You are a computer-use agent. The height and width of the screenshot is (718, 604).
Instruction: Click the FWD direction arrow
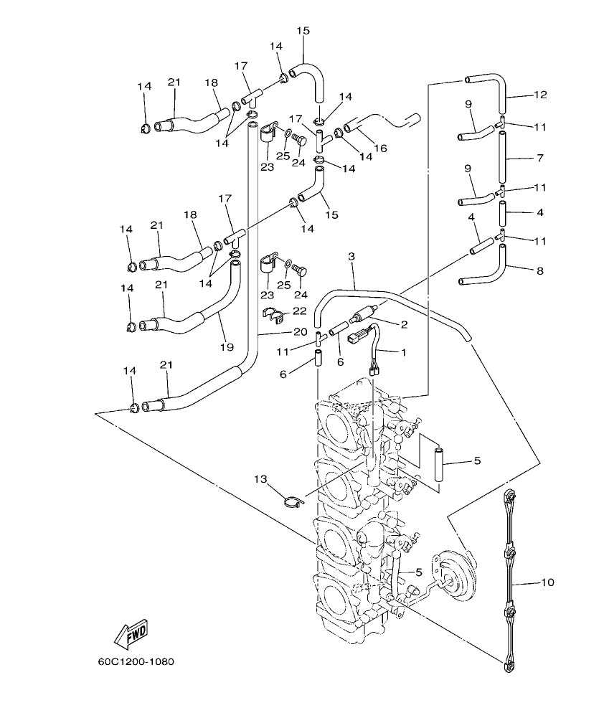tap(131, 632)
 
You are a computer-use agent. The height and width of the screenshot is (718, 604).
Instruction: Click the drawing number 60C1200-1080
tap(137, 661)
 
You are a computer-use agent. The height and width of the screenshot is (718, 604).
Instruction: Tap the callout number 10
tap(547, 582)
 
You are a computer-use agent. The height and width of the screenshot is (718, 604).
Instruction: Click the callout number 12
tap(540, 94)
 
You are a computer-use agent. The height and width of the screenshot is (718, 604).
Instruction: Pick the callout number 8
tap(539, 271)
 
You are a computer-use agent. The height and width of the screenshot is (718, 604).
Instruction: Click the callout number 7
tap(539, 156)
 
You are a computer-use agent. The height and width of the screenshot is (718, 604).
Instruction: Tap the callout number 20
tap(300, 332)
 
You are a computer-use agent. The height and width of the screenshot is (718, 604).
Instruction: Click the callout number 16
tap(380, 148)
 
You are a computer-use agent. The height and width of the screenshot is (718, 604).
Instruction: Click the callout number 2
tap(404, 325)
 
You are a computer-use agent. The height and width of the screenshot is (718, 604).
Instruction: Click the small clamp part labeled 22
tap(273, 313)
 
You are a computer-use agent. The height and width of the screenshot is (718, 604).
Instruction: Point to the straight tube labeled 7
tap(501, 156)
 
